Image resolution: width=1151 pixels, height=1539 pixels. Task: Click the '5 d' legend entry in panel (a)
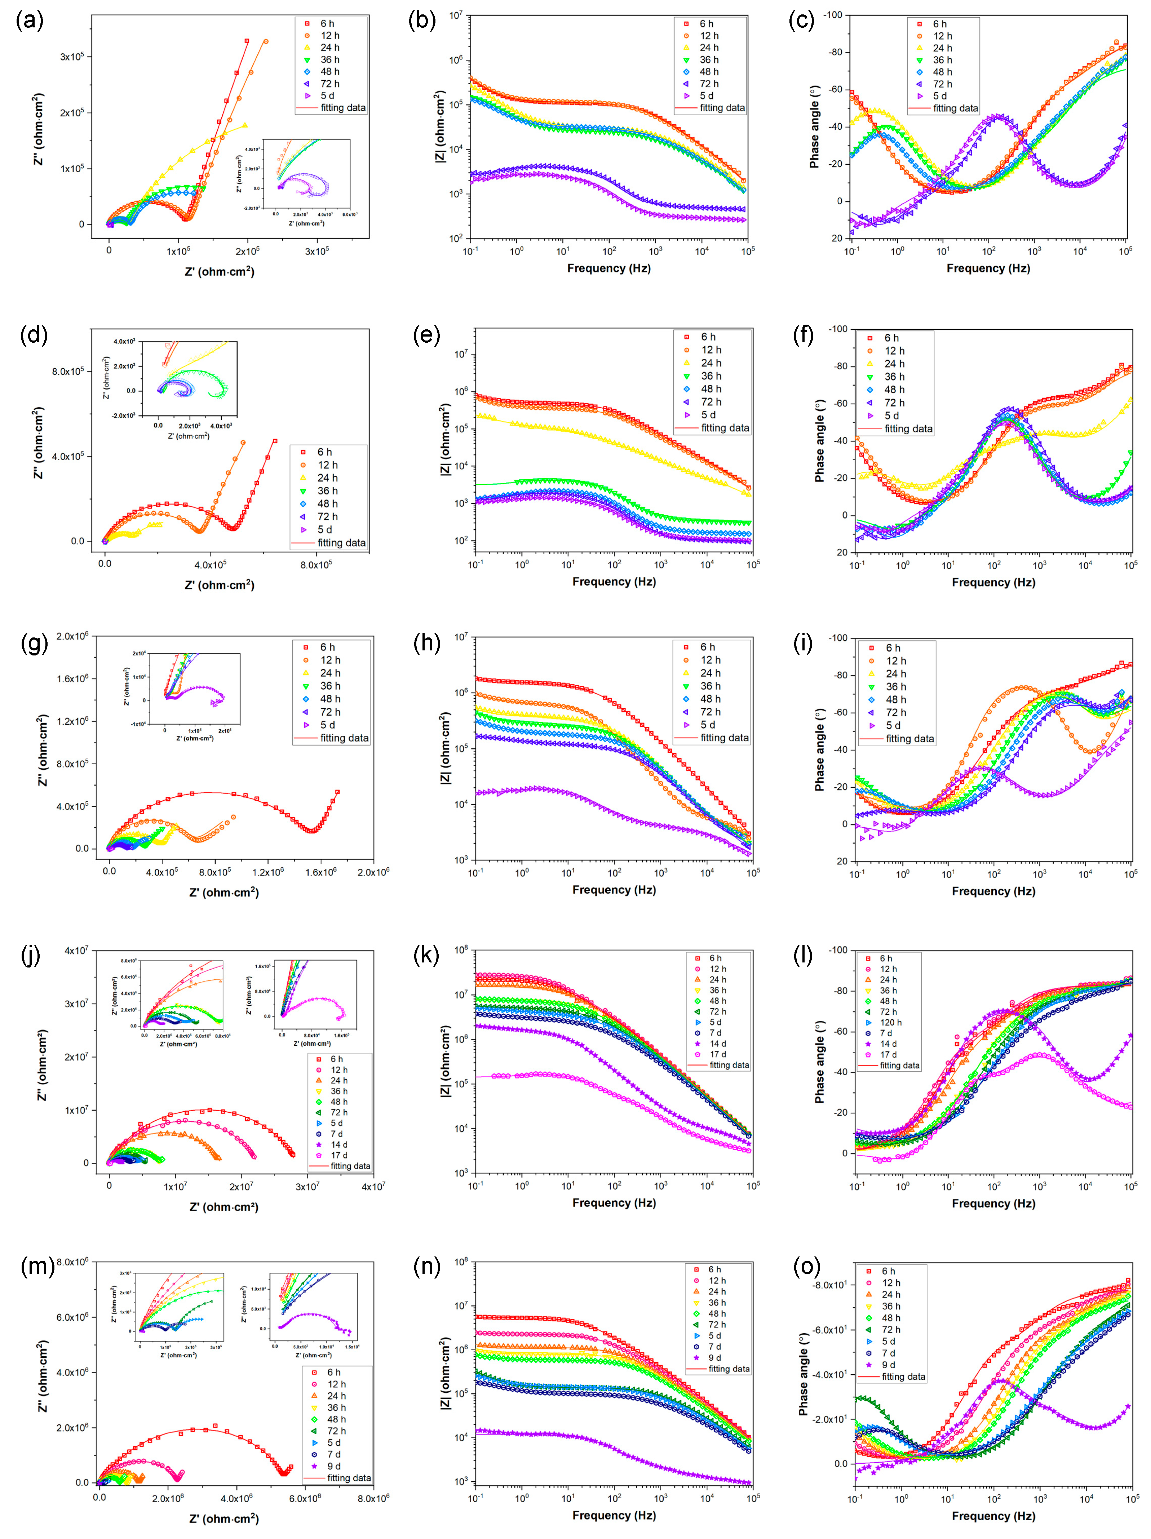[x=327, y=95]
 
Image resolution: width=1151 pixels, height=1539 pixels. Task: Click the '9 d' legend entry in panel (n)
[x=715, y=1357]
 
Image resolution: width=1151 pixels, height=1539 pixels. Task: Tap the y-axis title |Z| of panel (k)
[x=444, y=1061]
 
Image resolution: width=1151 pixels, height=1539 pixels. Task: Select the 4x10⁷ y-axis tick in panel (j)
[x=76, y=951]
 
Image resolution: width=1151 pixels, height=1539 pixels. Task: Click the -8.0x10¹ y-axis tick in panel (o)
[x=829, y=1285]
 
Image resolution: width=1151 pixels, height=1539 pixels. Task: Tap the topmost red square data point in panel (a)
[x=246, y=41]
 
